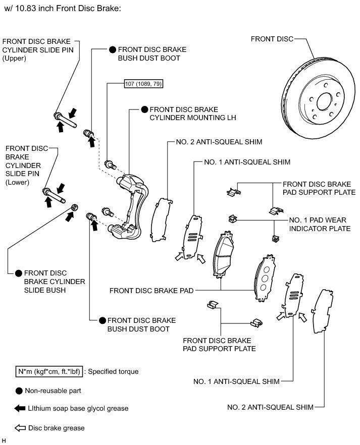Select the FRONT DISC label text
coord(272,38)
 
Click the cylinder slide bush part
coord(74,206)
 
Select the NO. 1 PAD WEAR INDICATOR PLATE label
coord(319,225)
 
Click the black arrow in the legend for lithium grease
coord(20,408)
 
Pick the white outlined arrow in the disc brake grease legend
coord(20,428)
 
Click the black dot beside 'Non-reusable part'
coord(19,391)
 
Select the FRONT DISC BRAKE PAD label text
coord(151,291)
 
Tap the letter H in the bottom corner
coord(4,440)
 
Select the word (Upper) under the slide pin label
coord(14,59)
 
